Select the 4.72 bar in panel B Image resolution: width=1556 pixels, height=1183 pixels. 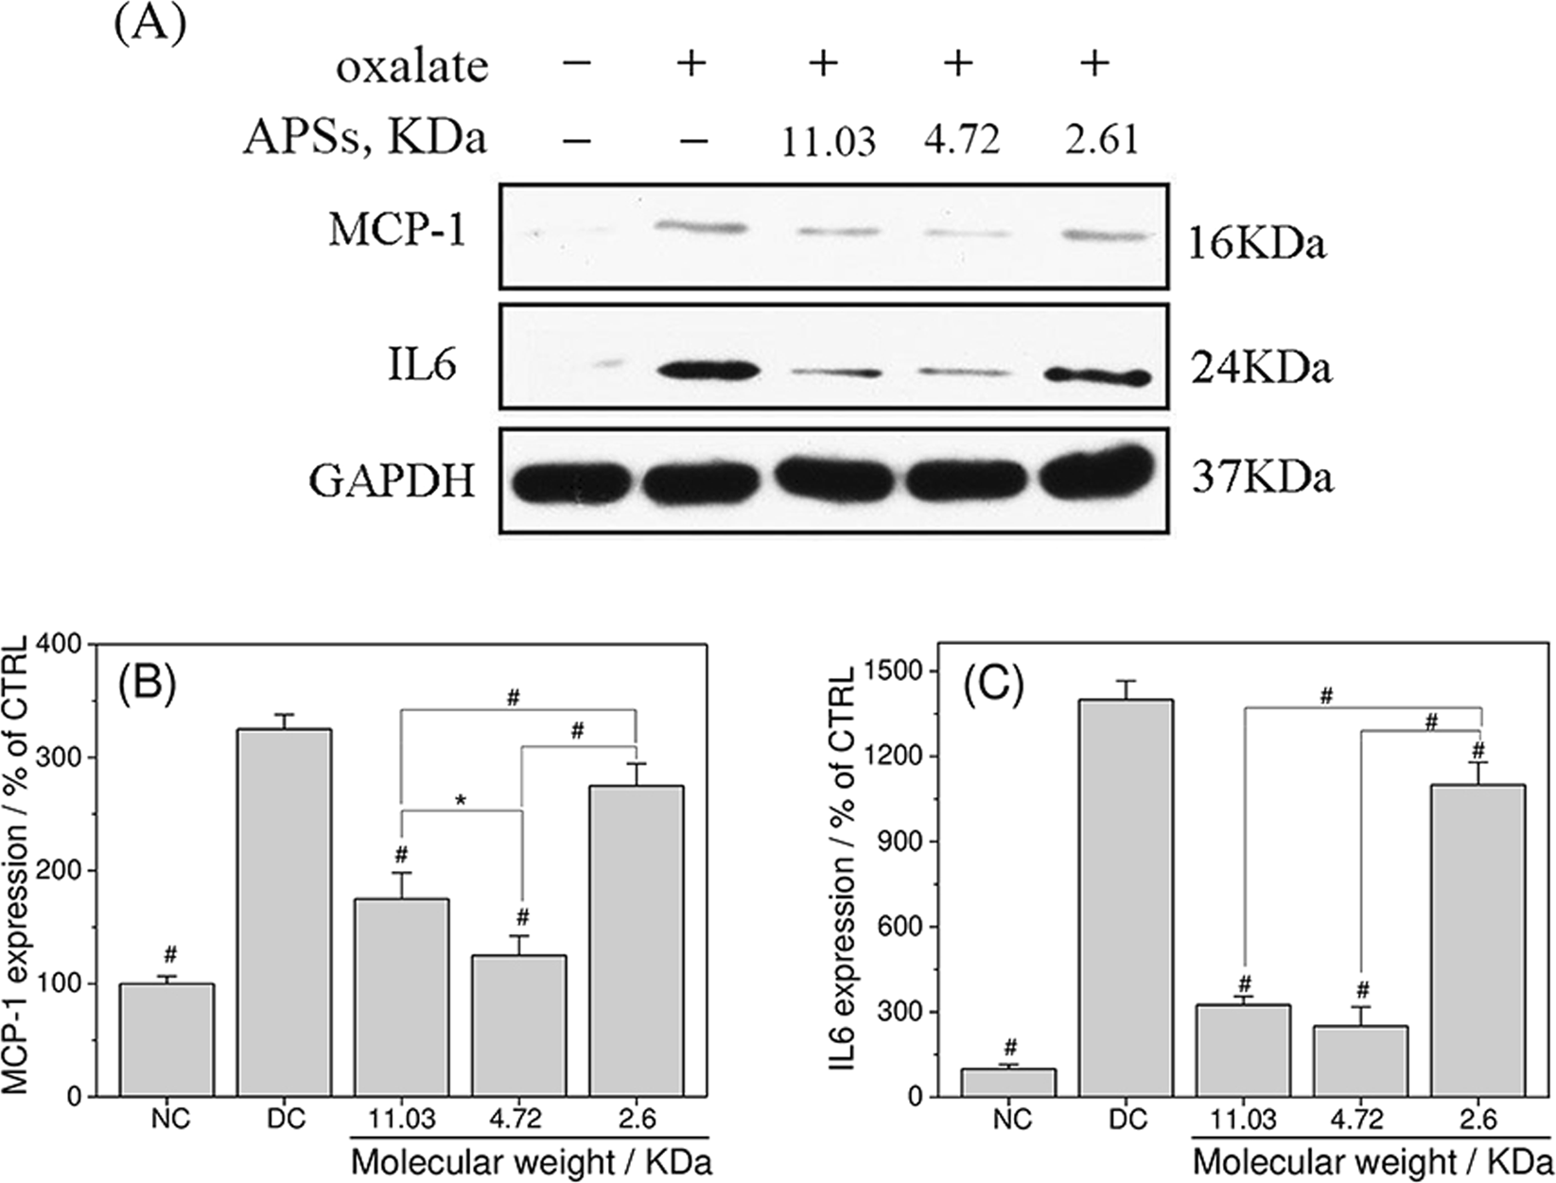[520, 1026]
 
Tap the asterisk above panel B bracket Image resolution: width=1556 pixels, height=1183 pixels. [462, 801]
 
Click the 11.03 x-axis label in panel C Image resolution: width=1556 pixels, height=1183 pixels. [1244, 1120]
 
